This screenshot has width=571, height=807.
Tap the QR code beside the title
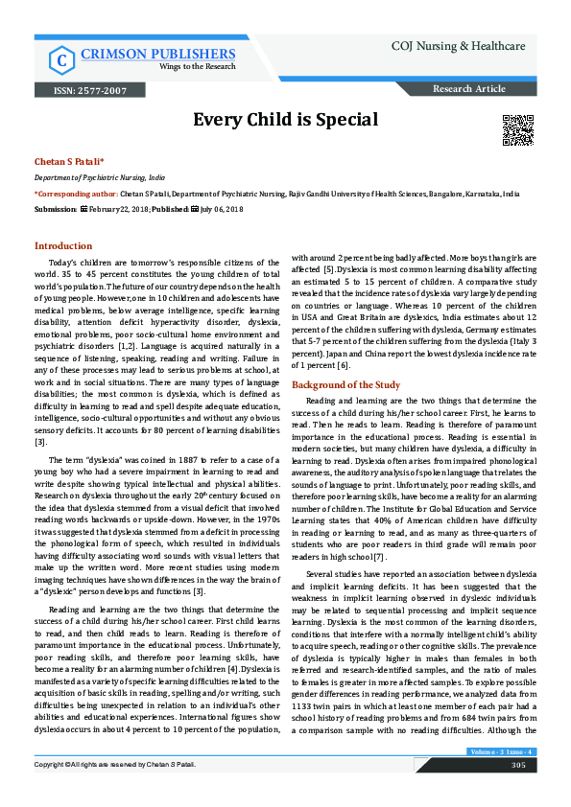click(x=517, y=127)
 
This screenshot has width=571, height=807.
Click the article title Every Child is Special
click(x=285, y=120)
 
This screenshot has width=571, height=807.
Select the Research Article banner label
click(x=469, y=89)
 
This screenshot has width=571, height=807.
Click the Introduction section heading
click(x=63, y=245)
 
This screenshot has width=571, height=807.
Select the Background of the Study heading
click(x=345, y=357)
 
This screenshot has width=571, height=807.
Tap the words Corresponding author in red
click(x=76, y=193)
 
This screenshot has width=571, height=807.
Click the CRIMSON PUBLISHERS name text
click(x=158, y=53)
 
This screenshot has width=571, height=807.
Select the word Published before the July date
click(x=169, y=208)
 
